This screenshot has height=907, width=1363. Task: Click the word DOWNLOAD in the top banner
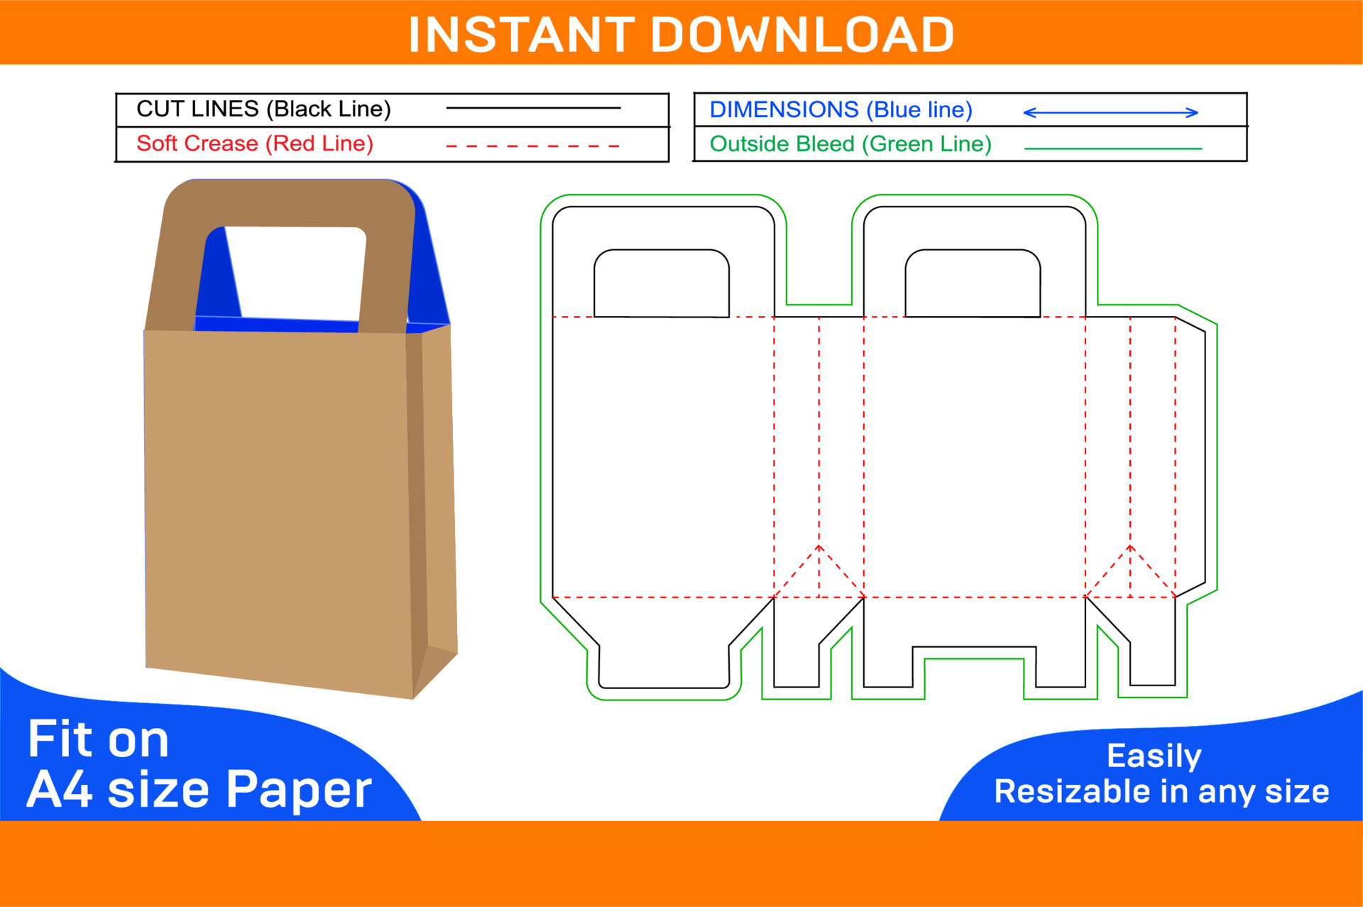point(802,35)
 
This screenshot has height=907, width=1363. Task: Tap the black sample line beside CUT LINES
point(533,108)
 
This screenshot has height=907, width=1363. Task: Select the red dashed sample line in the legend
point(532,146)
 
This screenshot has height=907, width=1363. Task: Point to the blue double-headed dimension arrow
point(1110,112)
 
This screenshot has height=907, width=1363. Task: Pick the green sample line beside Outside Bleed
point(1113,148)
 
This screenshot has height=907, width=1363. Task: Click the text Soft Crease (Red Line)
point(255,143)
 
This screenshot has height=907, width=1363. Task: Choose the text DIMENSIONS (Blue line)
point(841,110)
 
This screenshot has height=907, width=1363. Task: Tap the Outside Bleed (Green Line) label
point(850,144)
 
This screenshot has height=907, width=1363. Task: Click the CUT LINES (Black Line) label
point(263,109)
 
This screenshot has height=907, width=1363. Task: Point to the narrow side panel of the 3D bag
point(433,497)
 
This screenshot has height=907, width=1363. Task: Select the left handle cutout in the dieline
point(662,283)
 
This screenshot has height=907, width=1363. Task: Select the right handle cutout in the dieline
point(973,283)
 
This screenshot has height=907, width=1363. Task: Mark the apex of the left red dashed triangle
point(819,545)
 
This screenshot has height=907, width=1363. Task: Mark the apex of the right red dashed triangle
point(1130,545)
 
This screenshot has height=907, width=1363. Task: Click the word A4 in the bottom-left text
point(60,789)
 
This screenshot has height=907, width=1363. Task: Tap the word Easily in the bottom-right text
point(1154,756)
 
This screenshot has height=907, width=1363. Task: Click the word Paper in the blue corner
point(299,789)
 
